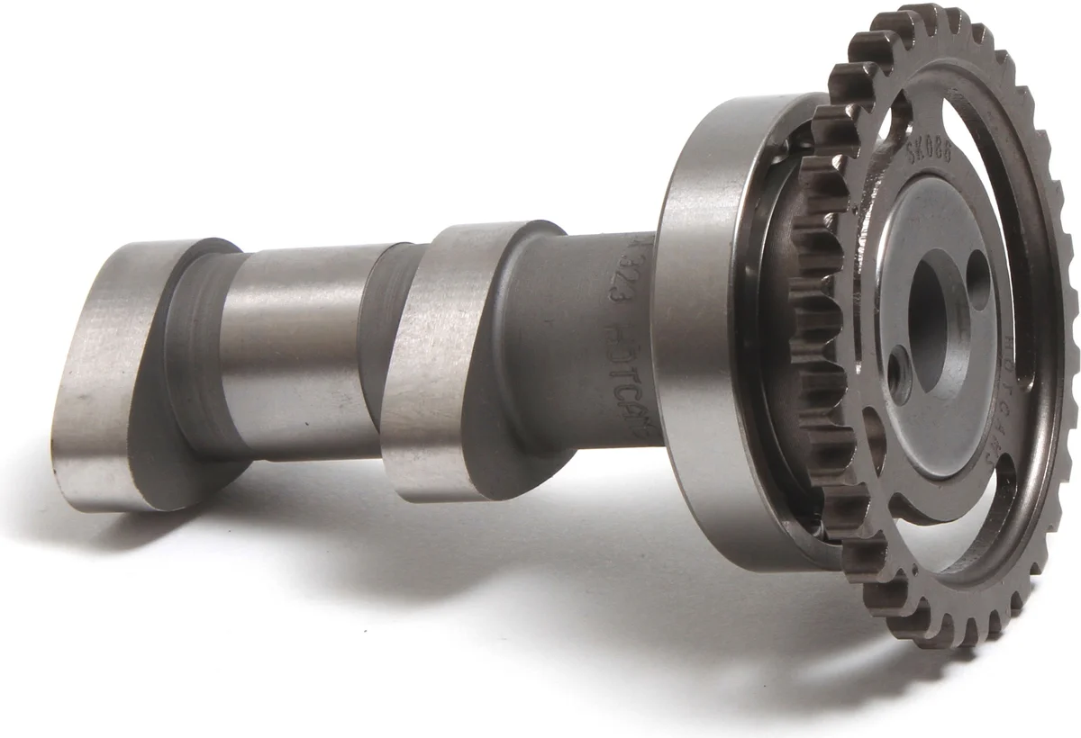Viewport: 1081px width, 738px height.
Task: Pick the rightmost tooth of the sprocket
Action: [1070, 315]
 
